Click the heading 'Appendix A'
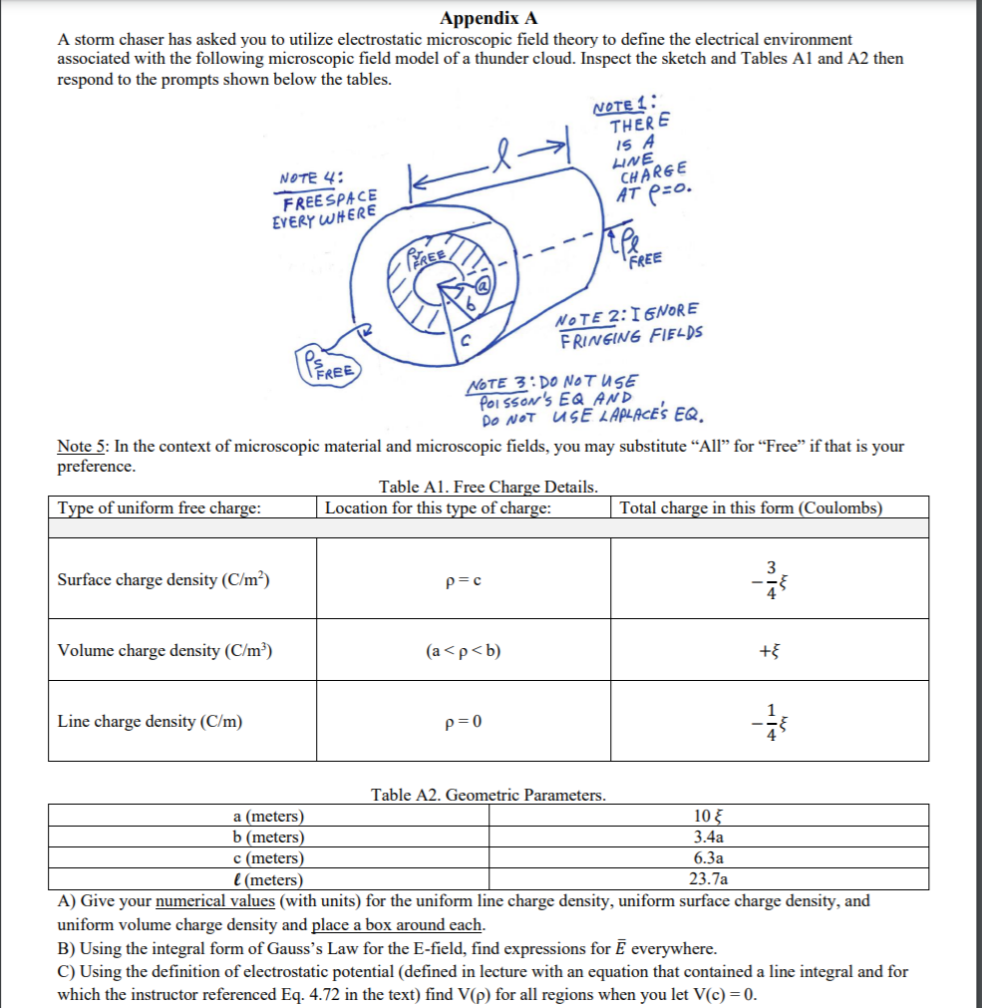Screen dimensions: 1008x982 [x=490, y=17]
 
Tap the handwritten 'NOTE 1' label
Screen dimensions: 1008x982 [x=623, y=103]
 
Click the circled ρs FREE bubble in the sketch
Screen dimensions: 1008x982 [x=327, y=363]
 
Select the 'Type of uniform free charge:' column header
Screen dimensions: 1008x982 [x=160, y=508]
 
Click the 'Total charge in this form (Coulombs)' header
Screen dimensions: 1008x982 [x=751, y=508]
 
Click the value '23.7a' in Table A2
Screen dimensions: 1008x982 [x=707, y=878]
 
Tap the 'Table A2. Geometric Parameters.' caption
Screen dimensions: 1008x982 [x=488, y=795]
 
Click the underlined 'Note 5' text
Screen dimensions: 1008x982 [x=83, y=446]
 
